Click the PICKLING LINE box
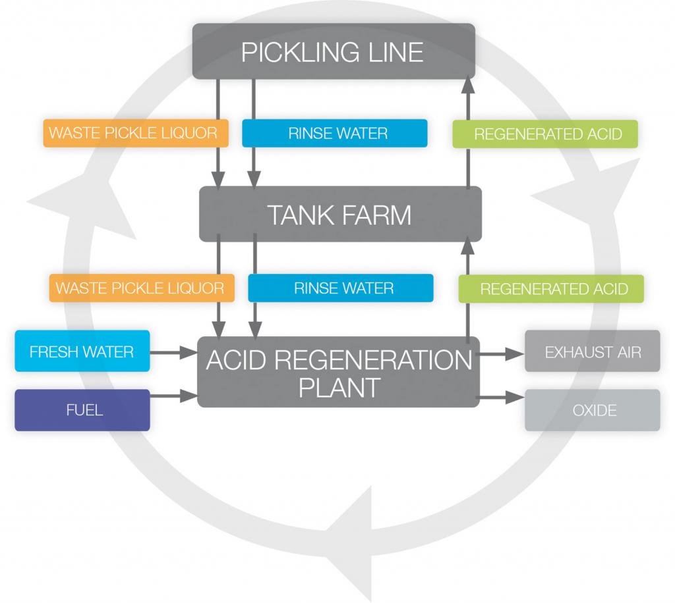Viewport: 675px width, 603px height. point(333,51)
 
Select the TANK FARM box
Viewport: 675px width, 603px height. point(340,215)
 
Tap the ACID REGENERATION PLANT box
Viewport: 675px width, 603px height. point(339,373)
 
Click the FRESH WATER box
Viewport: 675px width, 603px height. point(82,352)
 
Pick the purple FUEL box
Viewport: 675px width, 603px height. point(82,410)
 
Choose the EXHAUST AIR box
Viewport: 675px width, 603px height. point(592,352)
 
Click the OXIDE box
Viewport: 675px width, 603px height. point(592,410)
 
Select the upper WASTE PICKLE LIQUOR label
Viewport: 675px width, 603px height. point(134,133)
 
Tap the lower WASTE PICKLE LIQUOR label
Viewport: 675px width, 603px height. point(140,288)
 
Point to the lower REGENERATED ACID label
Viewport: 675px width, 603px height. point(552,288)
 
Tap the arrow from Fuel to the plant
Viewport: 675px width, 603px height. point(174,396)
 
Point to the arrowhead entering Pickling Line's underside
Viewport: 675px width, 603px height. point(467,84)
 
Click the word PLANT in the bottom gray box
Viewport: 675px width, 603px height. point(339,388)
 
